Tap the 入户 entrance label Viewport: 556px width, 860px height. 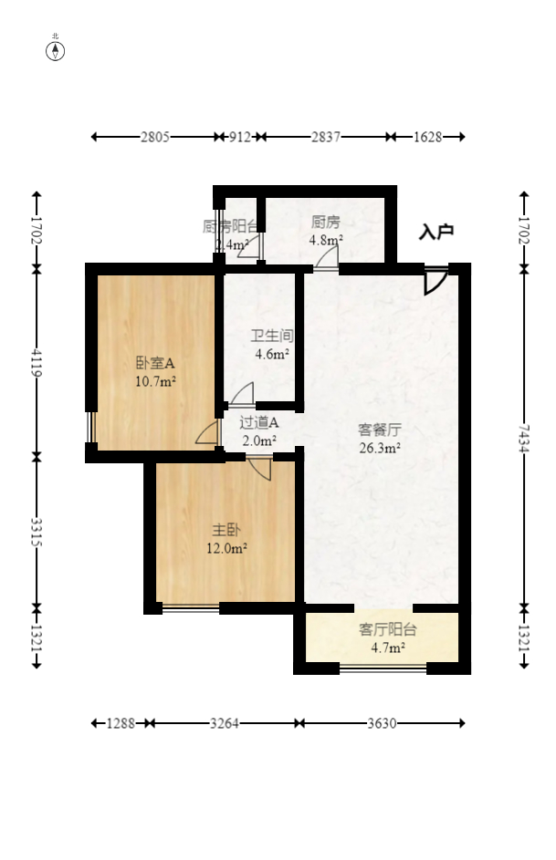click(435, 233)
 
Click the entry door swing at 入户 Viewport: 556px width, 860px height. click(435, 281)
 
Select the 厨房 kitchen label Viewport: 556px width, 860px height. click(325, 222)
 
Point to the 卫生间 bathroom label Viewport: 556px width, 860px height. click(271, 336)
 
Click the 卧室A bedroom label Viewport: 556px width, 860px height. click(155, 362)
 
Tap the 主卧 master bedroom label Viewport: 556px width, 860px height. click(226, 529)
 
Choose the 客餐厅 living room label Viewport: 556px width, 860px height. click(380, 429)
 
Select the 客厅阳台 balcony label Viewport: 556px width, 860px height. click(387, 629)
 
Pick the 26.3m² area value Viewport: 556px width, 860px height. click(380, 447)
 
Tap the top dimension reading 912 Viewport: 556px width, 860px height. click(239, 137)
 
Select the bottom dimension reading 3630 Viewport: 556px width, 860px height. click(382, 723)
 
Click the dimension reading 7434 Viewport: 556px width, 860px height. click(524, 438)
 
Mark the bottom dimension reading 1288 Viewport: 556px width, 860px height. click(121, 723)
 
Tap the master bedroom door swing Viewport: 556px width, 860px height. click(260, 469)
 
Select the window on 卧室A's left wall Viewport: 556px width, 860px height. click(90, 426)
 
